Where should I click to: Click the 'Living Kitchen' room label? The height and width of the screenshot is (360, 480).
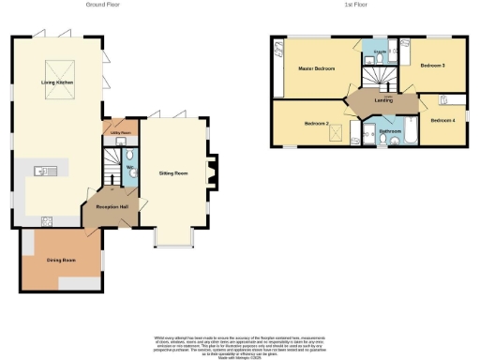coord(56,83)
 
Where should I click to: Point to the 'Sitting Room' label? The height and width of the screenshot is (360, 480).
coord(174,173)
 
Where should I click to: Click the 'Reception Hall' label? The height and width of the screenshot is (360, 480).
coord(111,207)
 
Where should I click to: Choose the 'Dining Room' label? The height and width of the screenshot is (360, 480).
coord(60,259)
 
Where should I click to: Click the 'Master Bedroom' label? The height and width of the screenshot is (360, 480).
coord(317,69)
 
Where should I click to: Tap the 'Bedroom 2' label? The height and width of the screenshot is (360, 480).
coord(316,123)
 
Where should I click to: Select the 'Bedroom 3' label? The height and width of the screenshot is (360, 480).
coord(431,66)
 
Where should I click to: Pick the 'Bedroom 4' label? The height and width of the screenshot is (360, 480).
coord(442,120)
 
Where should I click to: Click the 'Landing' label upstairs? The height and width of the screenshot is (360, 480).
coord(382,100)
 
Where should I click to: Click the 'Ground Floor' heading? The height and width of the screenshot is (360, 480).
coord(101,5)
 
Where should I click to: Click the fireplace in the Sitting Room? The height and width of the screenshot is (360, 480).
coord(212,171)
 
